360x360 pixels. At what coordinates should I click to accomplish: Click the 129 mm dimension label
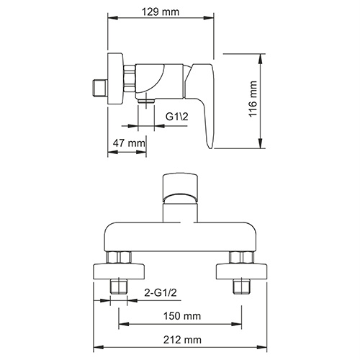pos(161,12)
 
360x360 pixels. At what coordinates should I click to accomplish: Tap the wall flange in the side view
pos(114,79)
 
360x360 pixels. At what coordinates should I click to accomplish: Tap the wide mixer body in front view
pos(179,234)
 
